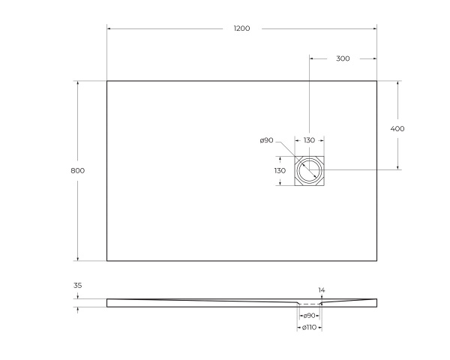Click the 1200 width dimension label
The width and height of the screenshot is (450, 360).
pyautogui.click(x=241, y=28)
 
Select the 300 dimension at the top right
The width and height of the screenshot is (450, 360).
pyautogui.click(x=342, y=58)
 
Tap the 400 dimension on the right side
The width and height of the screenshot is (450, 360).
pyautogui.click(x=397, y=128)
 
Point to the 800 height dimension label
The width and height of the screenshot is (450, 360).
pyautogui.click(x=78, y=170)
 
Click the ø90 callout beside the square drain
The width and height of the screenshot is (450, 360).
pyautogui.click(x=266, y=140)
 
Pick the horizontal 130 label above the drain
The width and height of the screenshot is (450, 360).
pyautogui.click(x=309, y=140)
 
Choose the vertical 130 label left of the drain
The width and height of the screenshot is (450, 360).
pyautogui.click(x=280, y=171)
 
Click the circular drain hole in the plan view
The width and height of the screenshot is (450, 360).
pyautogui.click(x=309, y=171)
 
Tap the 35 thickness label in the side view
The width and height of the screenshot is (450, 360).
pyautogui.click(x=78, y=285)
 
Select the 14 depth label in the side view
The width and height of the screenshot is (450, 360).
pyautogui.click(x=322, y=289)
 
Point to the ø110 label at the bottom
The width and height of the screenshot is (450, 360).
pyautogui.click(x=309, y=328)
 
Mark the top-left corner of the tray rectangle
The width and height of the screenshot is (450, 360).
pyautogui.click(x=107, y=81)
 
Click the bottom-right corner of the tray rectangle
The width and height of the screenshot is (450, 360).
pyautogui.click(x=376, y=261)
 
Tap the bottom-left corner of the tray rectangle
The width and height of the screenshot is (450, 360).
pyautogui.click(x=107, y=261)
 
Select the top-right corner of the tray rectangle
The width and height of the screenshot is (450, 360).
pyautogui.click(x=376, y=81)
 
